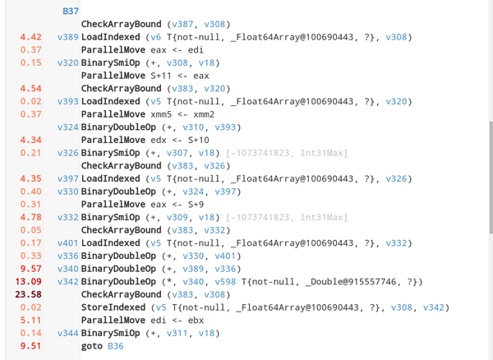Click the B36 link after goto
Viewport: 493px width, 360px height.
tap(115, 346)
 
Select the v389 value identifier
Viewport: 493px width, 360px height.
tap(67, 37)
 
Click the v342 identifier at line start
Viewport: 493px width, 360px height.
tap(67, 281)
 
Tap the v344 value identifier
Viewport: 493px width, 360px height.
tap(67, 333)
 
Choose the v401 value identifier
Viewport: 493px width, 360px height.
tap(67, 242)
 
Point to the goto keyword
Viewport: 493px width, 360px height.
tap(93, 346)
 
